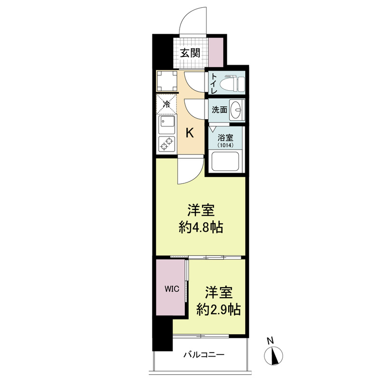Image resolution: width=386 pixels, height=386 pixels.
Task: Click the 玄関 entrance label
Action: [190, 53]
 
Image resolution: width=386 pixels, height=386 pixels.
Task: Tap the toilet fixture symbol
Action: [232, 82]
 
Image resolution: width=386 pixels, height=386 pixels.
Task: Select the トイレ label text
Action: [213, 83]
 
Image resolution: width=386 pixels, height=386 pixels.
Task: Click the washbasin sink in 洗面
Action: [237, 110]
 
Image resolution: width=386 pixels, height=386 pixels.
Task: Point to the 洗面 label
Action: [220, 110]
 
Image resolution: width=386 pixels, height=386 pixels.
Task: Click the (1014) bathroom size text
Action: [225, 145]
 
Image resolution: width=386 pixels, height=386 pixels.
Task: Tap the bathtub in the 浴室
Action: [225, 162]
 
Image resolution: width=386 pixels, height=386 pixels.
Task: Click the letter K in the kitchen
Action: [190, 133]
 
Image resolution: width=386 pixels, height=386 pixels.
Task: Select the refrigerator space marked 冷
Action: [166, 104]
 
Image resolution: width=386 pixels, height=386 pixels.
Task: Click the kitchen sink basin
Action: [166, 124]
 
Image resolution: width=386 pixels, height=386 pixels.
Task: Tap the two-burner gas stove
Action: [166, 143]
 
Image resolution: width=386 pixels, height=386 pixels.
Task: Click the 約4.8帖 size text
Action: [201, 227]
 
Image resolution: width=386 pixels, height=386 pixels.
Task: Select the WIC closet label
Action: [172, 289]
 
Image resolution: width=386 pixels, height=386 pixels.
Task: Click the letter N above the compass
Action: [271, 341]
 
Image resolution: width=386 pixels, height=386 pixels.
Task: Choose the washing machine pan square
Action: [167, 81]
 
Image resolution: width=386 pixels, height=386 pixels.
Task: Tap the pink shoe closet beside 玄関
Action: [216, 52]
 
